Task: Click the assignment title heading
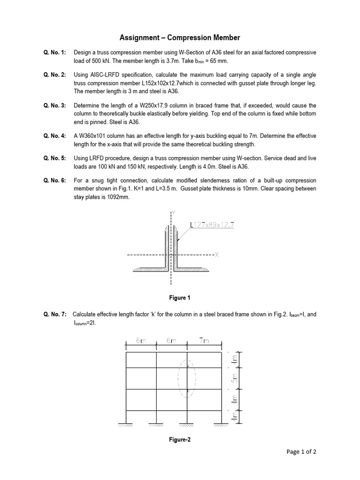[180, 37]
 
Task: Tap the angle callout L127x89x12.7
[212, 225]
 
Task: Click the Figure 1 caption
[180, 298]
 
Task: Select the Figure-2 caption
[180, 440]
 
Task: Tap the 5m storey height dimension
[236, 379]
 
